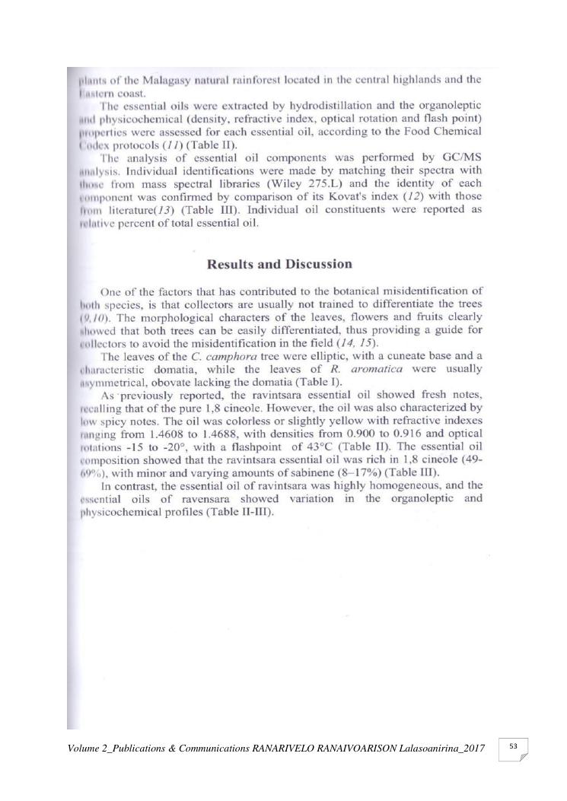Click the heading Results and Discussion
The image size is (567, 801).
pos(280,265)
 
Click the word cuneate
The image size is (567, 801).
pos(396,356)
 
